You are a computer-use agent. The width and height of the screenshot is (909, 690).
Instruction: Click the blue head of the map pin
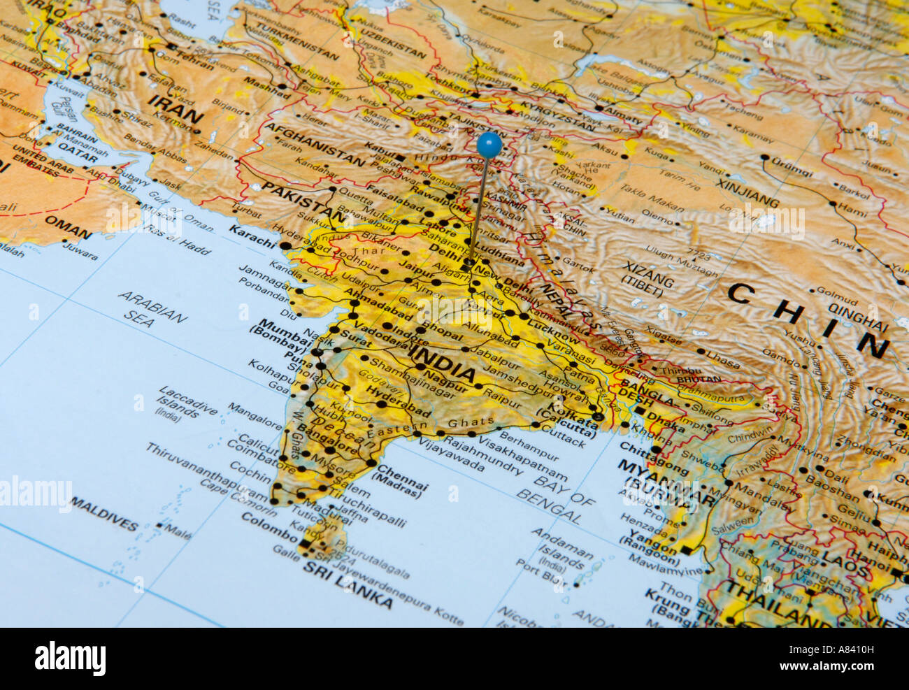coord(489,145)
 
